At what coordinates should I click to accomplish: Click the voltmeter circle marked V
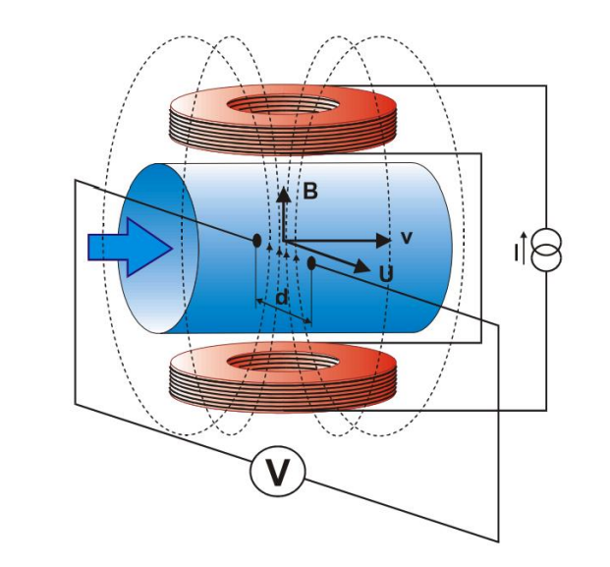coord(279,474)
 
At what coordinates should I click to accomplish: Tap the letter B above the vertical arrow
coord(309,192)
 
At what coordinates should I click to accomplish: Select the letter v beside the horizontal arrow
coord(405,237)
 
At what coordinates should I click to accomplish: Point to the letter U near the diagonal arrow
coord(386,274)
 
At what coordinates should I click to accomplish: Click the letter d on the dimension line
coord(281,297)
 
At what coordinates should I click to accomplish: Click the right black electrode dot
coord(311,262)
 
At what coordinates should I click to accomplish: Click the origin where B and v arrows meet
coord(283,239)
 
